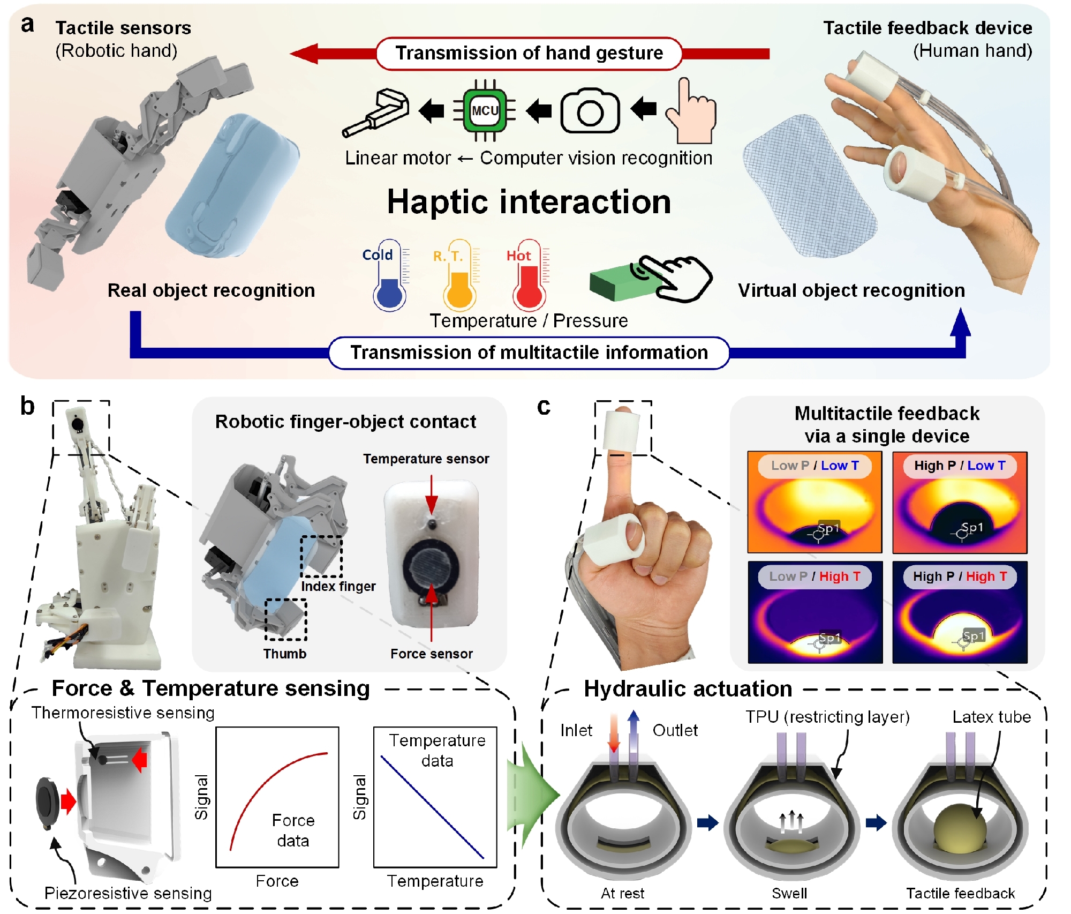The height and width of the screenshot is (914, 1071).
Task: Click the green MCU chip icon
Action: (x=485, y=110)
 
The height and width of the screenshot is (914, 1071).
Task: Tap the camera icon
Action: (x=590, y=110)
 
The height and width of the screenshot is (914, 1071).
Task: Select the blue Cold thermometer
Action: (x=390, y=275)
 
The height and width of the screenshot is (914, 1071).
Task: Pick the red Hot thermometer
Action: (x=529, y=275)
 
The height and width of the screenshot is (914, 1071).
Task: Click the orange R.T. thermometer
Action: (x=459, y=275)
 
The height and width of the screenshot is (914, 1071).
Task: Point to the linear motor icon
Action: (x=376, y=113)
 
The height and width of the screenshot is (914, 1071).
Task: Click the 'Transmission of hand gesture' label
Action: (x=529, y=53)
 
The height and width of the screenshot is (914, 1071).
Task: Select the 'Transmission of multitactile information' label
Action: (x=529, y=353)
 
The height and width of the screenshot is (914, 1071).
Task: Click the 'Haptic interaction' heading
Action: (x=529, y=202)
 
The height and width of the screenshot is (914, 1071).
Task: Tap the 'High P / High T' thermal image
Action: (x=960, y=612)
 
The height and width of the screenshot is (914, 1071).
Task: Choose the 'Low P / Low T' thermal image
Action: (x=814, y=502)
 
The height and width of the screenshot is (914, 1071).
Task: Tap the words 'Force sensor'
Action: (x=432, y=654)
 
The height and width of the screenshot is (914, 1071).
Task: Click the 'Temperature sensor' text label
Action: (x=426, y=459)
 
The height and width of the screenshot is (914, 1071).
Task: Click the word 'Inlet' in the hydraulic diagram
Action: (x=576, y=730)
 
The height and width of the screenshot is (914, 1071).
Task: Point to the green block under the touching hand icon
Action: (x=624, y=283)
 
